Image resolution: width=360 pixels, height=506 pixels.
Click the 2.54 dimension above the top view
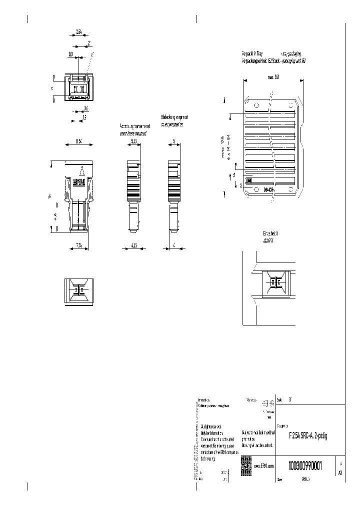(79, 32)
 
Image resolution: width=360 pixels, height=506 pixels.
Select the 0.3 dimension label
(70, 52)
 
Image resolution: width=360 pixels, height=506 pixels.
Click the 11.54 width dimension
(78, 141)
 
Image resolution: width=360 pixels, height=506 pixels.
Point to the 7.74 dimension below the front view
(78, 244)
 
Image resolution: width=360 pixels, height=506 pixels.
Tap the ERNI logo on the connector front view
(79, 183)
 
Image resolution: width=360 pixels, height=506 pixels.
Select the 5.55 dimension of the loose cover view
(134, 141)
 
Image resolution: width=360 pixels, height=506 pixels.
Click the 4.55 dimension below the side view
(133, 244)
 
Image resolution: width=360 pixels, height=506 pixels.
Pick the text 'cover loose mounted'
(133, 133)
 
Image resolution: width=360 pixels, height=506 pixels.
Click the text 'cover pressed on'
(172, 125)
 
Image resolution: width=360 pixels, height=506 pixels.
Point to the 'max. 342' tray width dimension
(273, 77)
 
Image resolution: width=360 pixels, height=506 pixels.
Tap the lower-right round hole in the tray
(290, 189)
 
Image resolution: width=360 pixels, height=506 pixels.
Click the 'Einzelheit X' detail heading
(270, 233)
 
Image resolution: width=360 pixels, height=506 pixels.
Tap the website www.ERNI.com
(264, 465)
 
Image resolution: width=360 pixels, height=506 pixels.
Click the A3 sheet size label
(340, 472)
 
